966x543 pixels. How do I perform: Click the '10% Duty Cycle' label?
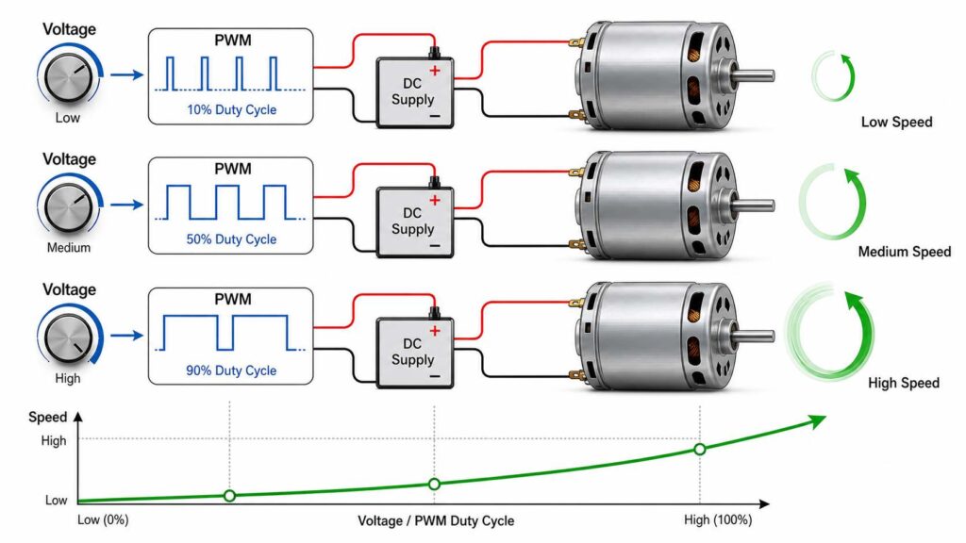(x=232, y=110)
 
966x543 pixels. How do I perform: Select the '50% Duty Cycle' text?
(x=232, y=239)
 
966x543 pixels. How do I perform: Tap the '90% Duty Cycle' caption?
(x=232, y=370)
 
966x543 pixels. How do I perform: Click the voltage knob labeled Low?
(x=68, y=76)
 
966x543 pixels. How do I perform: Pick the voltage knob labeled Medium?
(x=68, y=206)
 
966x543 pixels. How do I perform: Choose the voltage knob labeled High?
(x=68, y=337)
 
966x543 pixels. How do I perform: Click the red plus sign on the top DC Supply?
(x=435, y=70)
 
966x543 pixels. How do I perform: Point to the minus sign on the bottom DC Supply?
(x=435, y=376)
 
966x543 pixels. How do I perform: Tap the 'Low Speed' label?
(x=896, y=122)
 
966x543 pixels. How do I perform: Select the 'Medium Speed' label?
(x=905, y=252)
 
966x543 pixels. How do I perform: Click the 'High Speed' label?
(x=904, y=383)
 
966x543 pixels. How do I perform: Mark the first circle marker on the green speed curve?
(x=230, y=496)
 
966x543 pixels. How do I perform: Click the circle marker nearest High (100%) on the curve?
(x=700, y=450)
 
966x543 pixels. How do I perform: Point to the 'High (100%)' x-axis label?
(x=718, y=520)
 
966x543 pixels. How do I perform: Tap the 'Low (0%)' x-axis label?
(x=103, y=520)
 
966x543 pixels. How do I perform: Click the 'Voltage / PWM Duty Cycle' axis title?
(x=436, y=520)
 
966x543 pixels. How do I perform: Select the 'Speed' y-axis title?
(x=47, y=418)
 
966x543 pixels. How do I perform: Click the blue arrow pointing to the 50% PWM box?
(x=127, y=205)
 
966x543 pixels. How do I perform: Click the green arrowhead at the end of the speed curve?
(x=817, y=421)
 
